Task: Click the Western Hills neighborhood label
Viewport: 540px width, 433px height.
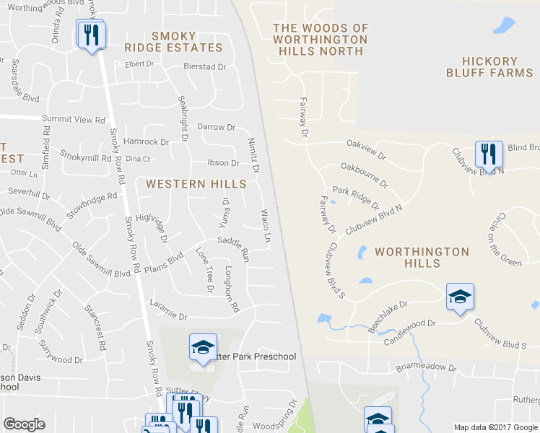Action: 186,184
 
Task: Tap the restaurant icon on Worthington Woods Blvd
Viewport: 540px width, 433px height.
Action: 92,35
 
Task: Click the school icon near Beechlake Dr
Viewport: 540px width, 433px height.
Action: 460,297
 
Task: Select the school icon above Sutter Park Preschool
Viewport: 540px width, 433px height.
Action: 203,348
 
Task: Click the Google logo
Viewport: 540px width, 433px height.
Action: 24,424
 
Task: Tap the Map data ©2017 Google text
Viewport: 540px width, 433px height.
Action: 495,427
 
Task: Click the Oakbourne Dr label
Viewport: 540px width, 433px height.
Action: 363,175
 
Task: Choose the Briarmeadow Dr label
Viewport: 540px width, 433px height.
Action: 426,367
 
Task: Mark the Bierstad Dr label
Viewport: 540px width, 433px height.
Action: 204,67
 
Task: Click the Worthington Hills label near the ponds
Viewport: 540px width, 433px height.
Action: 422,258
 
